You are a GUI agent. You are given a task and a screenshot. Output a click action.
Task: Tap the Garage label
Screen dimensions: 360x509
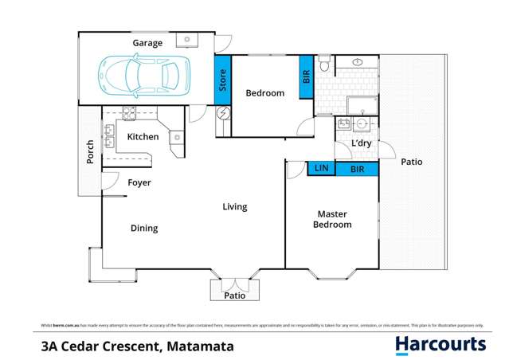coord(147,43)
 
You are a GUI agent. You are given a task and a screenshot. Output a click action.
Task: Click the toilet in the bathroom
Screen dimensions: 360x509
coord(323,65)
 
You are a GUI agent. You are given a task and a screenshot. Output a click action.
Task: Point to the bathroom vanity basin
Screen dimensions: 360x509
coord(358,61)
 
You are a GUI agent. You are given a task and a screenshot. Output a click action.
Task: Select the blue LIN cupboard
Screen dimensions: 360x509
coord(321,168)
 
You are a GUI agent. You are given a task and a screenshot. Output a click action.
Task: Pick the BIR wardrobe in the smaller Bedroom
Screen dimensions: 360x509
coord(306,78)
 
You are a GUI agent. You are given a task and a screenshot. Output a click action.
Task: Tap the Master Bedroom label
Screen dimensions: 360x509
coord(334,219)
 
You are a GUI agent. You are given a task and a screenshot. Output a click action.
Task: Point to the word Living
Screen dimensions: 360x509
coord(234,207)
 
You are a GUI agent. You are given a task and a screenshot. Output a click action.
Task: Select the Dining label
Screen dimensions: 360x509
coord(144,228)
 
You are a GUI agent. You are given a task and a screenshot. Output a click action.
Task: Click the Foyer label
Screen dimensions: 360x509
coord(139,182)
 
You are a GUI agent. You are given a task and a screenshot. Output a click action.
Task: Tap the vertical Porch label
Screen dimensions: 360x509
coord(90,152)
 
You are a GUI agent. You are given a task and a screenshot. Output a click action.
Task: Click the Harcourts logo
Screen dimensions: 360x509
coord(440,345)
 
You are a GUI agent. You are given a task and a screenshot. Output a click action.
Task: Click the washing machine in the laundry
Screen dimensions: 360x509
coord(362,123)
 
